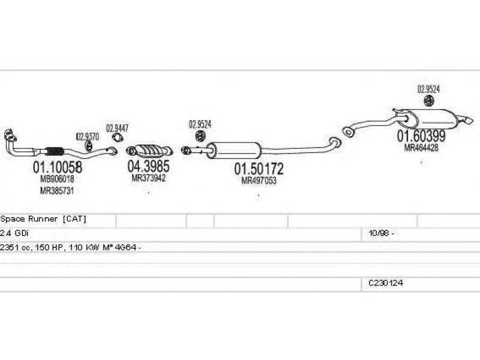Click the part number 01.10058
pyautogui.click(x=57, y=167)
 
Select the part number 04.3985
pyautogui.click(x=148, y=166)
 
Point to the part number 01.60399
pyautogui.click(x=421, y=136)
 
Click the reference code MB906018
pyautogui.click(x=57, y=179)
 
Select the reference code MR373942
pyautogui.click(x=148, y=178)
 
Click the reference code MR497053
pyautogui.click(x=259, y=180)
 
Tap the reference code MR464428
pyautogui.click(x=421, y=147)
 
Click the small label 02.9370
pyautogui.click(x=88, y=136)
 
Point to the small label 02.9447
pyautogui.click(x=117, y=128)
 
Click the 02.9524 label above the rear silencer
pyautogui.click(x=428, y=89)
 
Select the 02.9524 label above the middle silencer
pyautogui.click(x=200, y=125)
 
